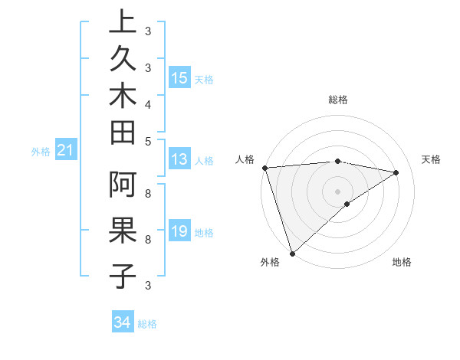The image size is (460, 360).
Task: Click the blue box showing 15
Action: (179, 77)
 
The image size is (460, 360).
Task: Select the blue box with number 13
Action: (179, 159)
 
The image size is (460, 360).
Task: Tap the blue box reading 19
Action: (179, 232)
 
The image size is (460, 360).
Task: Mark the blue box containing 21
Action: (66, 152)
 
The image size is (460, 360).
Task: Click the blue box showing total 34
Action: (122, 323)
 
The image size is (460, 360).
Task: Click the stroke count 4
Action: (147, 103)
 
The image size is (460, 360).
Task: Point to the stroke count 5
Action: (147, 140)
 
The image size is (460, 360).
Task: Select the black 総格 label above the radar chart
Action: (338, 100)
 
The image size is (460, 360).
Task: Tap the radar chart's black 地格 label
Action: (402, 263)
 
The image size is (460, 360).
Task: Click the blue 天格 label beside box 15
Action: (204, 79)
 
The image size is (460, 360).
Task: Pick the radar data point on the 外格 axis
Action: (292, 252)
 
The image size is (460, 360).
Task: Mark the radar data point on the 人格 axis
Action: (264, 168)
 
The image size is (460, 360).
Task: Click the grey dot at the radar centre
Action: (337, 191)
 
